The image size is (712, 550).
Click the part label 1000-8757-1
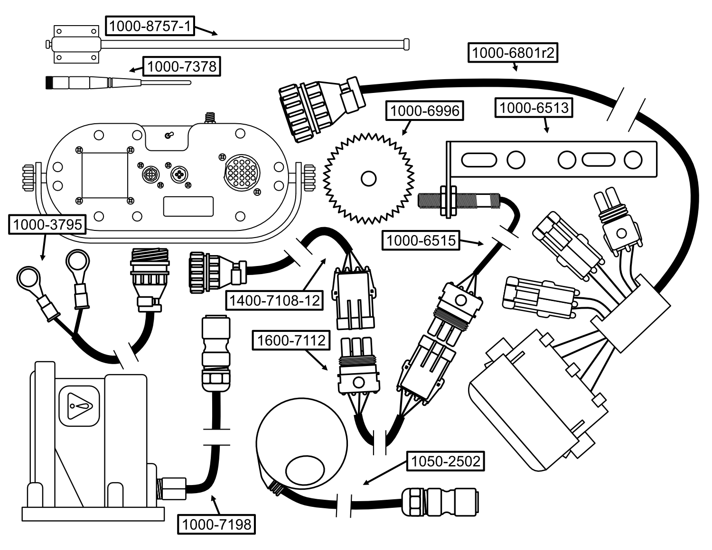click(x=150, y=26)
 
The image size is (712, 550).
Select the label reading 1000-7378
click(x=182, y=66)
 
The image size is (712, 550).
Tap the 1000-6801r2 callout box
click(x=513, y=53)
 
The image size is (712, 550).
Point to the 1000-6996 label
click(x=424, y=111)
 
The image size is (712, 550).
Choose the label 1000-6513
click(x=534, y=108)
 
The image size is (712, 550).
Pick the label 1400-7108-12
click(x=274, y=300)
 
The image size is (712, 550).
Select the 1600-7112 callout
click(x=291, y=340)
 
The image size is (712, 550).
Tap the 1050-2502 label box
click(x=445, y=461)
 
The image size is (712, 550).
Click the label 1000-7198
click(x=216, y=524)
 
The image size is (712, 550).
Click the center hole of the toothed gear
click(x=368, y=179)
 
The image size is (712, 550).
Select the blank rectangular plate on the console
click(x=188, y=206)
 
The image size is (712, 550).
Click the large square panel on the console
click(x=105, y=175)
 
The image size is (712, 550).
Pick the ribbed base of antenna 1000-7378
click(x=50, y=82)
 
